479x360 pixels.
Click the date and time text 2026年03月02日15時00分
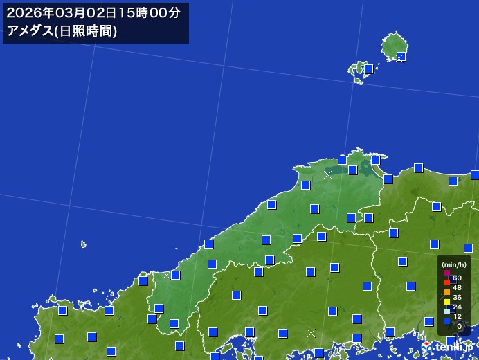click(x=93, y=12)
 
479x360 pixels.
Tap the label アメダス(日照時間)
click(x=62, y=31)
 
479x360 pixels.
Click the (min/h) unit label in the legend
click(x=454, y=264)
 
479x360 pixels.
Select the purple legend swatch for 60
click(x=447, y=273)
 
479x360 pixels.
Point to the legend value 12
click(x=458, y=316)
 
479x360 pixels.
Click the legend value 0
click(x=460, y=326)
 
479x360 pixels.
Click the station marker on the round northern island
click(x=401, y=56)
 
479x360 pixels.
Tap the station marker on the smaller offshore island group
click(x=369, y=69)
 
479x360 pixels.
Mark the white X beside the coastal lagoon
click(x=327, y=175)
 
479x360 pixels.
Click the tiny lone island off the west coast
click(x=84, y=244)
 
